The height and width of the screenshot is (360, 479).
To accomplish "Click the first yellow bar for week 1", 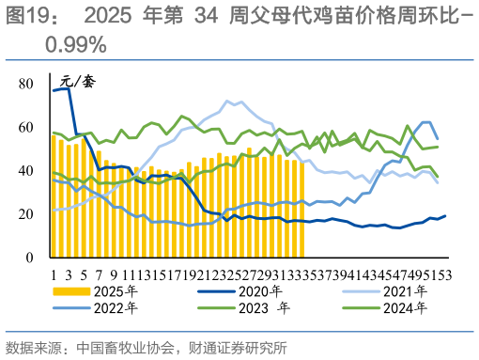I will pos(54,196).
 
